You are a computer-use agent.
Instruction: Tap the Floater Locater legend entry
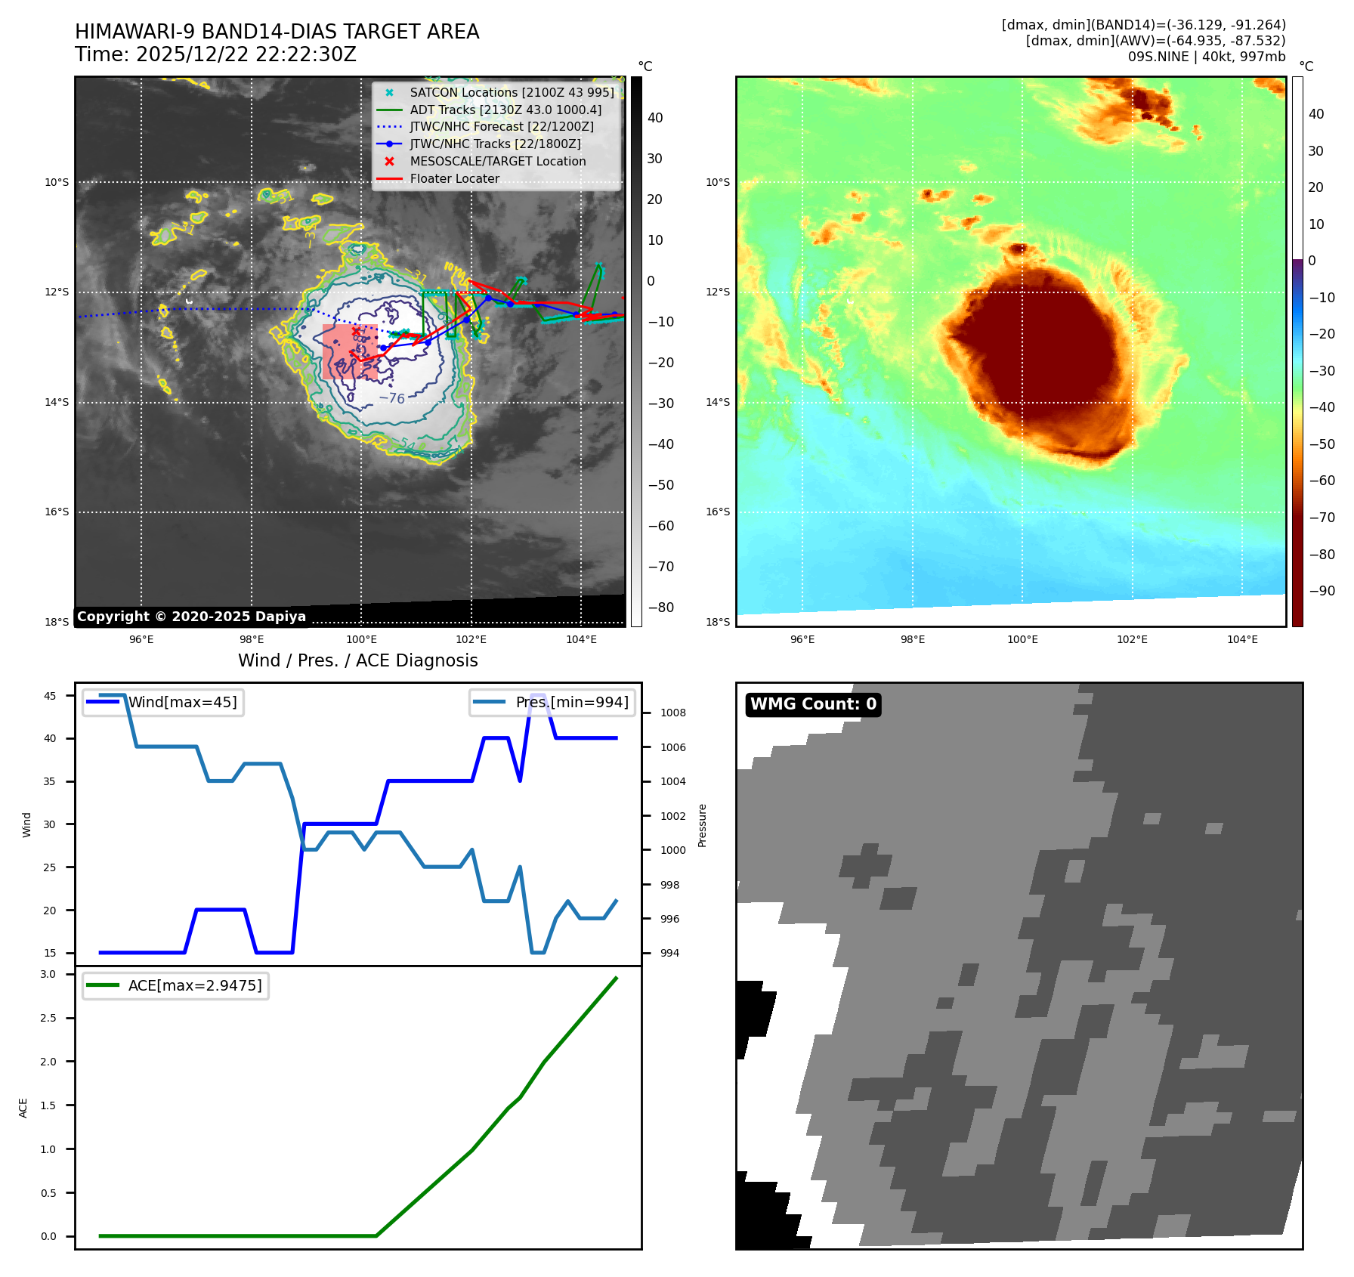coord(454,179)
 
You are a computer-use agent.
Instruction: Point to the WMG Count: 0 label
coord(813,704)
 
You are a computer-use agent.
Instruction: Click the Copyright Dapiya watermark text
coord(191,617)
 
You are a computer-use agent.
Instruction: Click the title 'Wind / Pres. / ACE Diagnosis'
coord(357,660)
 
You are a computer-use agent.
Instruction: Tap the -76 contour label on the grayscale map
coord(392,398)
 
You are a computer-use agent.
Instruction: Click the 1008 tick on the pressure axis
coord(672,713)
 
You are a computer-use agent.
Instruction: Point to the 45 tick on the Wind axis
coord(50,696)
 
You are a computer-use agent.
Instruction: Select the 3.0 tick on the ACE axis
coord(48,974)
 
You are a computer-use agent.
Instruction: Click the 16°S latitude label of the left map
coord(57,512)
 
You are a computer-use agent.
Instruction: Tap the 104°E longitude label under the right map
coord(1242,640)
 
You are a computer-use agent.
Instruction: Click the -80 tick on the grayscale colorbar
coord(660,608)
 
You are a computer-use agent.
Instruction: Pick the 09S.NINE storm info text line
coord(1206,57)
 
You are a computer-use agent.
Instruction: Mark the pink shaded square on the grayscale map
coord(350,351)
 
